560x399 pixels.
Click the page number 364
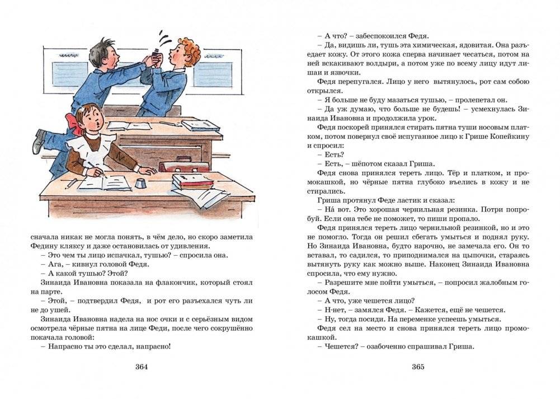(141, 367)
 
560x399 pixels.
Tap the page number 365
(418, 367)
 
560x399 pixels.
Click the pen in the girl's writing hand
(92, 166)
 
